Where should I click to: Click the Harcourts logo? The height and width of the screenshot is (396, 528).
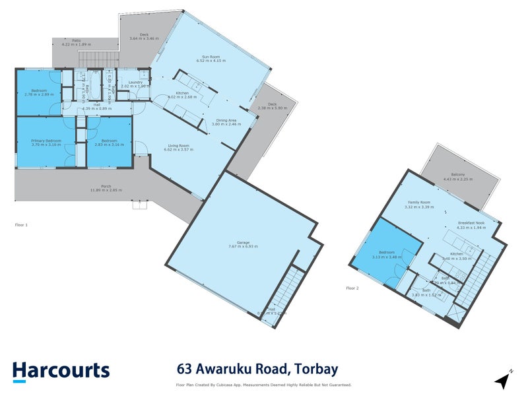61,370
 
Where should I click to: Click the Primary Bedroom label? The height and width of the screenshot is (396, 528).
46,141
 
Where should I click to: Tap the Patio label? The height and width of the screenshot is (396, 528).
76,41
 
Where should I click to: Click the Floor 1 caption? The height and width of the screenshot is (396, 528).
21,225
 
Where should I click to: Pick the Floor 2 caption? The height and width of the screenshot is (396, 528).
352,288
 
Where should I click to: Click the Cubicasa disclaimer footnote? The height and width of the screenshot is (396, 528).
263,385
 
